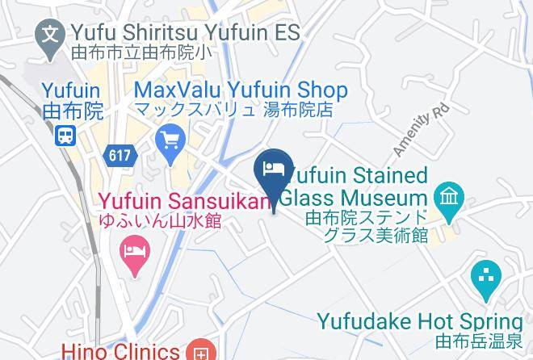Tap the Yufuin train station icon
coord(66,135)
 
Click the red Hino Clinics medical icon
coord(199,352)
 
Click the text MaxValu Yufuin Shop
coord(241,90)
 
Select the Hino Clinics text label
coord(120,351)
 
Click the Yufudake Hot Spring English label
coord(419,321)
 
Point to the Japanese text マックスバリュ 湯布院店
coord(233,111)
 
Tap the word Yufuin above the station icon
coord(70,90)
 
